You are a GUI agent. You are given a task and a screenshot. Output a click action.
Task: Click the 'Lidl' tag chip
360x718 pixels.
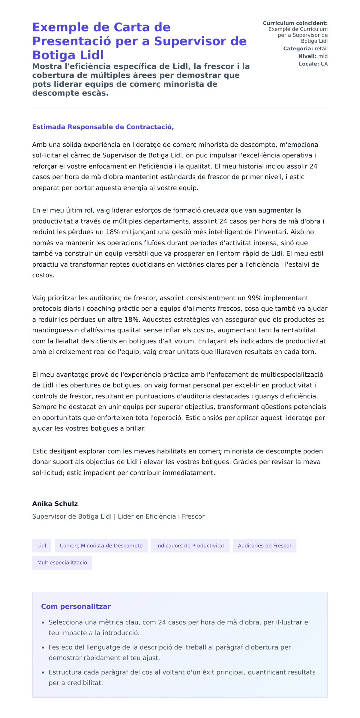[42, 546]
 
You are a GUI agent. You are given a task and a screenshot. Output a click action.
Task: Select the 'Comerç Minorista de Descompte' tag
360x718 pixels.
[101, 546]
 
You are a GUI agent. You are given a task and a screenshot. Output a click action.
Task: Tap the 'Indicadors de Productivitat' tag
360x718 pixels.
[190, 546]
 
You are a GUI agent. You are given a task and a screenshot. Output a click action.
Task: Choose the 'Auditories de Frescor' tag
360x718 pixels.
[264, 546]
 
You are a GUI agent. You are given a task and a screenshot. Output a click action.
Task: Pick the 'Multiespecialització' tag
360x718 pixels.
[62, 563]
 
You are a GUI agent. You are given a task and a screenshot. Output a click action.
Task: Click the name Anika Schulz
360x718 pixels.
[55, 504]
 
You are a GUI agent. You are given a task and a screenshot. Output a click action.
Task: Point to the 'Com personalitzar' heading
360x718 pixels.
[76, 606]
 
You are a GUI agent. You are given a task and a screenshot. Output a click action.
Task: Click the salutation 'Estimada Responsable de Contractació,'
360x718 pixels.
[103, 127]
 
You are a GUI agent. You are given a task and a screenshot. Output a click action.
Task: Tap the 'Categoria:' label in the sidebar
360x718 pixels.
[298, 49]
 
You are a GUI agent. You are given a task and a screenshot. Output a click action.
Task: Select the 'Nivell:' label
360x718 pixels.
[307, 56]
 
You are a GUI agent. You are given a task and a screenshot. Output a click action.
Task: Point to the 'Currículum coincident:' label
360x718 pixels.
[295, 23]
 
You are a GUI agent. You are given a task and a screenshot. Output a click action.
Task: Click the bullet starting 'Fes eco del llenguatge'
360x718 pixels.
[169, 652]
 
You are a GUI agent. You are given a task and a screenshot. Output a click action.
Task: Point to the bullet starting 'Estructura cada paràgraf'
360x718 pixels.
[182, 677]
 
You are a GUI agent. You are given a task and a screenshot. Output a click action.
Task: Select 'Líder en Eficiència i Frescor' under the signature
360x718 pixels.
[161, 516]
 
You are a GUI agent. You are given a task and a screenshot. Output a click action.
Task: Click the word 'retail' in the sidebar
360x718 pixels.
[321, 49]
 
